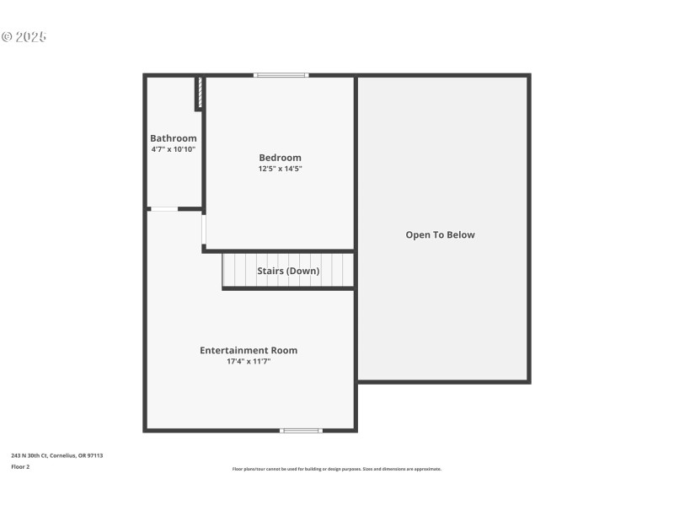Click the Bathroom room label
(x=174, y=138)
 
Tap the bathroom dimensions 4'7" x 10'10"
(x=174, y=149)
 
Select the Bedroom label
(x=280, y=158)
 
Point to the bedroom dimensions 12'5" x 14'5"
(x=280, y=169)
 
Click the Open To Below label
(x=441, y=235)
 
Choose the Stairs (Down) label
(x=288, y=272)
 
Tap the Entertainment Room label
(x=249, y=350)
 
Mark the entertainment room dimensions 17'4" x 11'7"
(x=249, y=361)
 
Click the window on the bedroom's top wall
(x=281, y=76)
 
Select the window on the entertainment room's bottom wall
(x=301, y=431)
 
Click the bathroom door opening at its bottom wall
(x=163, y=208)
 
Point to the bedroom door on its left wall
(x=204, y=229)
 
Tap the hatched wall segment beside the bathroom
(x=200, y=93)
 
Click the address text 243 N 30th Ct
(x=30, y=455)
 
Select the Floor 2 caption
(x=20, y=466)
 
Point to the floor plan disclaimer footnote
(x=337, y=469)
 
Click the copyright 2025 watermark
(x=24, y=37)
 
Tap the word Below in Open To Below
(x=459, y=235)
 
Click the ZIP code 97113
(x=96, y=455)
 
